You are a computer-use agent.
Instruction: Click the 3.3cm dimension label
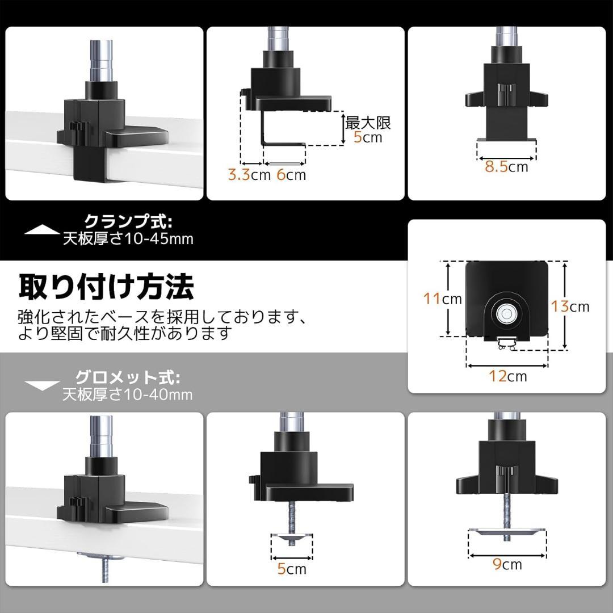click(x=249, y=175)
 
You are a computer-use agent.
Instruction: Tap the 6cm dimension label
click(x=291, y=175)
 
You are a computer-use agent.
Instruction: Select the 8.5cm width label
click(x=506, y=166)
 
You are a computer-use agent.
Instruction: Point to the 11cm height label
click(x=443, y=299)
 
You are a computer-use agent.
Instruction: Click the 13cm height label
click(x=570, y=306)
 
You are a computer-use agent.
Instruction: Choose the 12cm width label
click(x=508, y=376)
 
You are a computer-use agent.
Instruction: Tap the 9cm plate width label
click(x=507, y=564)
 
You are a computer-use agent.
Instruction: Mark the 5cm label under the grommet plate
click(x=292, y=569)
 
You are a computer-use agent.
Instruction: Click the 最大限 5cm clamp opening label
click(x=367, y=130)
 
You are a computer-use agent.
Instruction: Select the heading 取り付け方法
click(x=106, y=287)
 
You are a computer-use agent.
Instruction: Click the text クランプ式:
click(x=128, y=222)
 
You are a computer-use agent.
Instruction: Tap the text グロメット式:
click(x=128, y=377)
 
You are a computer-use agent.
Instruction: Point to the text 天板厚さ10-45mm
click(x=128, y=238)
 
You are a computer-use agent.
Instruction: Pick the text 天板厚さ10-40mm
click(x=128, y=394)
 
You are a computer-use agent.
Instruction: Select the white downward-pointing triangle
click(x=42, y=385)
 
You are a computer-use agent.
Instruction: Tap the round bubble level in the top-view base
click(x=506, y=313)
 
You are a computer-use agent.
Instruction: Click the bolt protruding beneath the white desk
click(x=105, y=569)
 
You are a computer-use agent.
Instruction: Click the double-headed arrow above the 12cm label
click(x=507, y=366)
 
